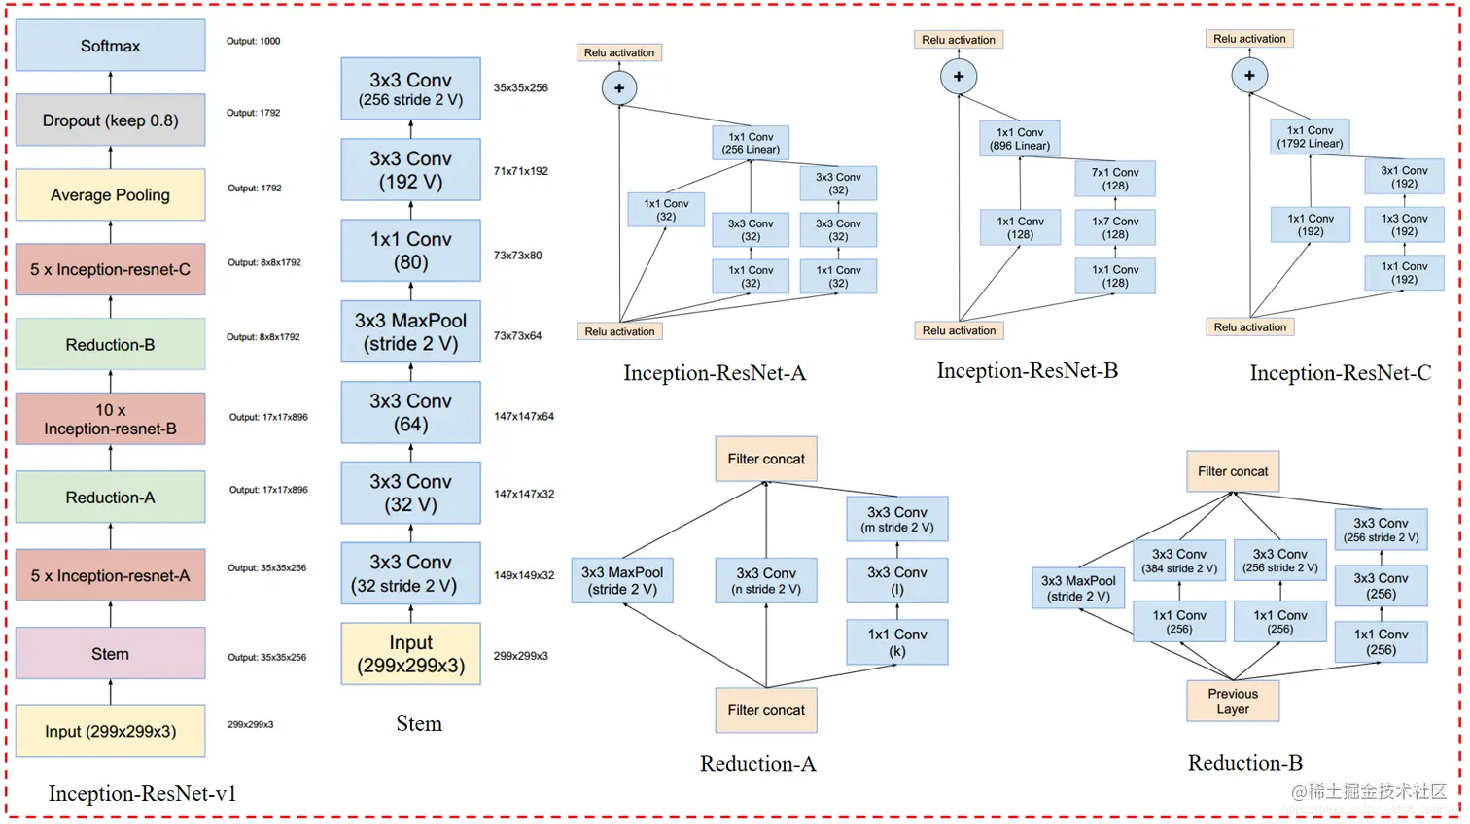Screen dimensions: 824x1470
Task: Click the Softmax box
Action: pyautogui.click(x=110, y=46)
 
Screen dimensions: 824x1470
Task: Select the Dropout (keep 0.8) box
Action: pyautogui.click(x=110, y=120)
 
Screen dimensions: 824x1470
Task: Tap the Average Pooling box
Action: pyautogui.click(x=110, y=195)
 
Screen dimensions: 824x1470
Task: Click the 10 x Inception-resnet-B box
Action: pyautogui.click(x=110, y=419)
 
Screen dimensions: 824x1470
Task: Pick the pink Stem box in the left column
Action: pyautogui.click(x=110, y=654)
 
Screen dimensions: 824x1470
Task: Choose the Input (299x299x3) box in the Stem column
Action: pyautogui.click(x=410, y=654)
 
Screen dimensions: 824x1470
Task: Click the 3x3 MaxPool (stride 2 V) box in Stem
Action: pyautogui.click(x=410, y=331)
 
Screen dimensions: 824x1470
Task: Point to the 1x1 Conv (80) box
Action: pyautogui.click(x=410, y=251)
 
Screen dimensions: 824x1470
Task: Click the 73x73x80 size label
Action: pyautogui.click(x=517, y=256)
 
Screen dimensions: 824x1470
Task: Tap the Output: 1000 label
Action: pyautogui.click(x=253, y=41)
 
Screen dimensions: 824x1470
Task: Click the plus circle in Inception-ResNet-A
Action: pyautogui.click(x=619, y=88)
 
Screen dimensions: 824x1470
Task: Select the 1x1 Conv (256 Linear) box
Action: pyautogui.click(x=751, y=143)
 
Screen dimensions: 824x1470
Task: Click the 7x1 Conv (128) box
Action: pyautogui.click(x=1115, y=179)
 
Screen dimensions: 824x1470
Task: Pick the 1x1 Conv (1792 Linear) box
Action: pyautogui.click(x=1310, y=137)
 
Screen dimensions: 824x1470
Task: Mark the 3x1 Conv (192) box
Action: pyautogui.click(x=1404, y=177)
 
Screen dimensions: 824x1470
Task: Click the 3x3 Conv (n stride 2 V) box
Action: pyautogui.click(x=766, y=580)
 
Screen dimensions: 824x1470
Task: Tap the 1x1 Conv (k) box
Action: pyautogui.click(x=896, y=642)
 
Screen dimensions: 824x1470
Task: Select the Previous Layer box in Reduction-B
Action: pyautogui.click(x=1233, y=701)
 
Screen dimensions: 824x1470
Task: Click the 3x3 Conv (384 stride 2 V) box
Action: pyautogui.click(x=1178, y=561)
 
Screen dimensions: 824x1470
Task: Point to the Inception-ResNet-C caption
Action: pyautogui.click(x=1340, y=373)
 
